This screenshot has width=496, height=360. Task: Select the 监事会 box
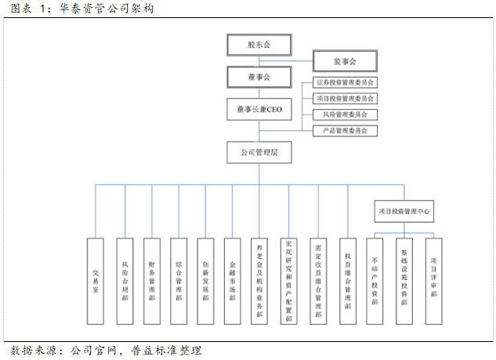point(345,60)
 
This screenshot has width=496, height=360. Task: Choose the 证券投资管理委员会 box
point(345,82)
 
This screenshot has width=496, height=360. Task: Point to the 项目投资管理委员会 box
point(345,98)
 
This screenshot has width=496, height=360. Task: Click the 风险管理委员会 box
point(345,115)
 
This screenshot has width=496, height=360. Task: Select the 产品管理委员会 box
point(345,130)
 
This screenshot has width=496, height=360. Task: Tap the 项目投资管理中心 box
point(404,211)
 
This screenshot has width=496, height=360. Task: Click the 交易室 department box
point(96,281)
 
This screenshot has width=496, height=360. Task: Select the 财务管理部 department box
point(152,281)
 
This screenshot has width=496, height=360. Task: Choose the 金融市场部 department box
point(232,281)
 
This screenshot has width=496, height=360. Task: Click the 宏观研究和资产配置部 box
point(288,281)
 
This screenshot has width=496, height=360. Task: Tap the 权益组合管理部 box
point(347,281)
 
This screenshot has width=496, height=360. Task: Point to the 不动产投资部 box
point(376,281)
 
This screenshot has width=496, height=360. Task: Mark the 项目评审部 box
point(433,281)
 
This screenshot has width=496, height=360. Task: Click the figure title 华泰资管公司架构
point(106,9)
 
